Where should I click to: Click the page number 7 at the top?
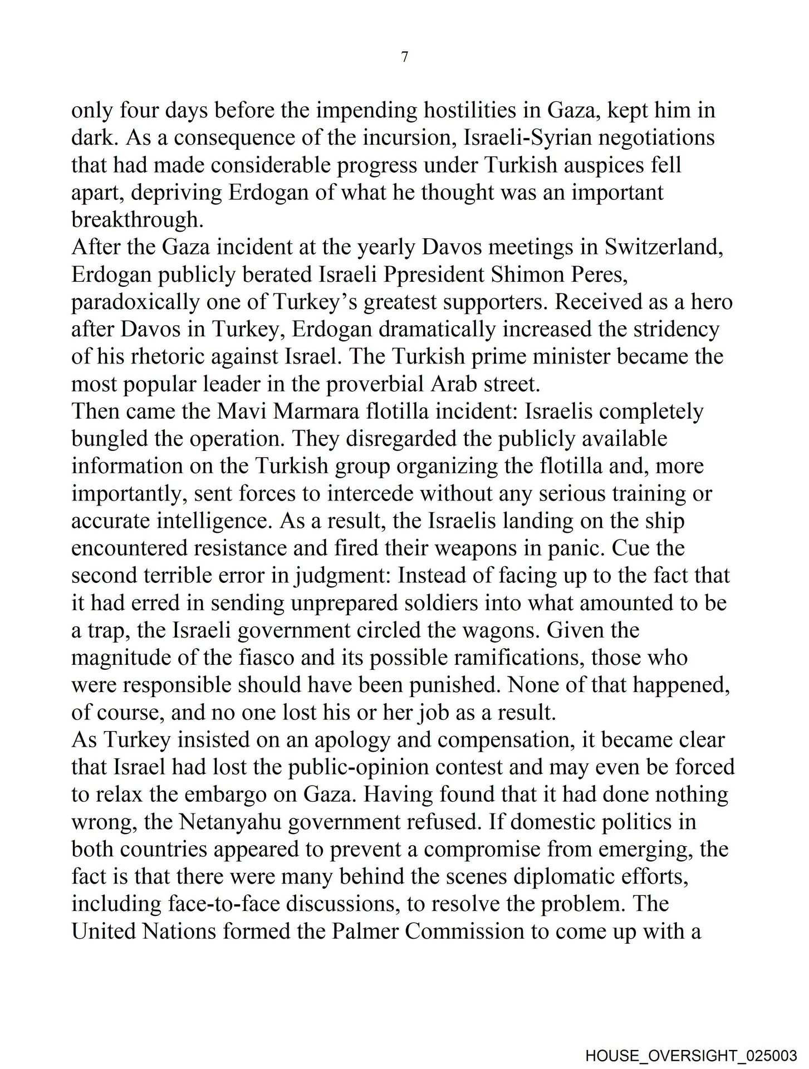(x=404, y=57)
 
